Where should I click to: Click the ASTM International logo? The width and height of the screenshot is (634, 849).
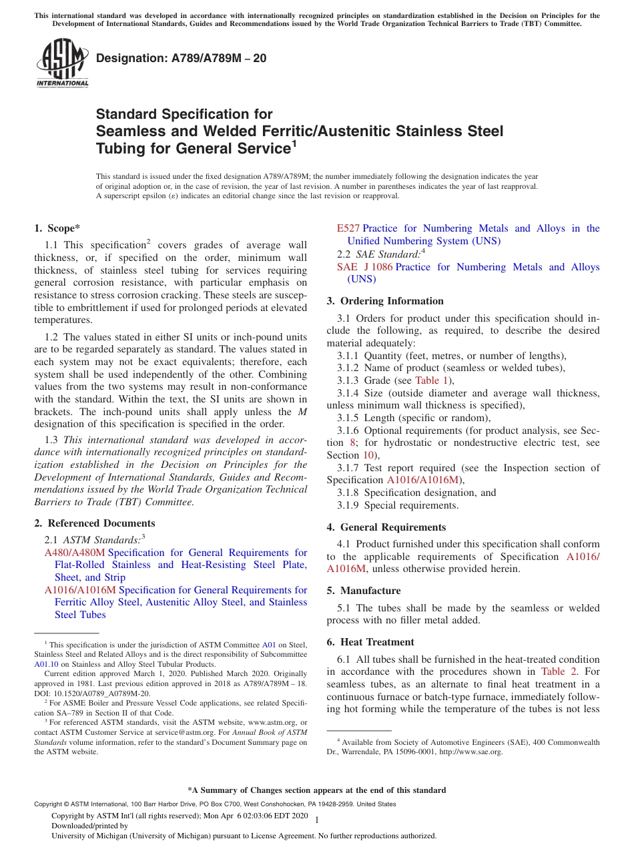(61, 63)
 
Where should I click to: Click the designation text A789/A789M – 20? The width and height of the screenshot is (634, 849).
(181, 58)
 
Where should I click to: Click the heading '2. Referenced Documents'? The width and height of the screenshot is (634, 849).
(94, 523)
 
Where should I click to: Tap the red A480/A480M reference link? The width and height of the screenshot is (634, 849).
(74, 553)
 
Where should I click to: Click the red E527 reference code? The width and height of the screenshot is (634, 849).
(348, 228)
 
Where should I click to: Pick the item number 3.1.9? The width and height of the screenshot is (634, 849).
(350, 505)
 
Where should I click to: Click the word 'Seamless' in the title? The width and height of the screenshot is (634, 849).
(129, 131)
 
